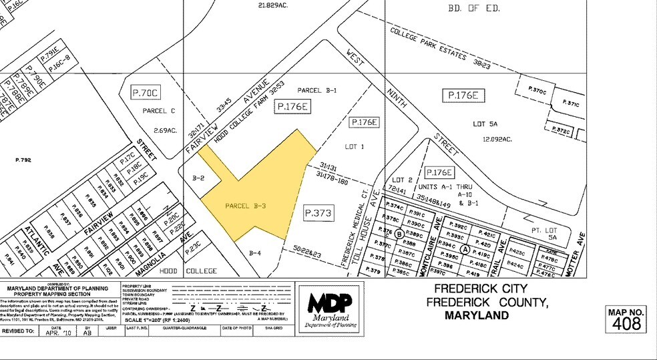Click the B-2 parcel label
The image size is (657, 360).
pyautogui.click(x=198, y=178)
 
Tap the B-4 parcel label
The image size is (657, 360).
pyautogui.click(x=255, y=253)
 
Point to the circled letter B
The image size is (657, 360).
pyautogui.click(x=399, y=234)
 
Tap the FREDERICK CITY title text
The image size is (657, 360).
pyautogui.click(x=481, y=289)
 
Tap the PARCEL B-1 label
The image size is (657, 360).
pyautogui.click(x=318, y=90)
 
